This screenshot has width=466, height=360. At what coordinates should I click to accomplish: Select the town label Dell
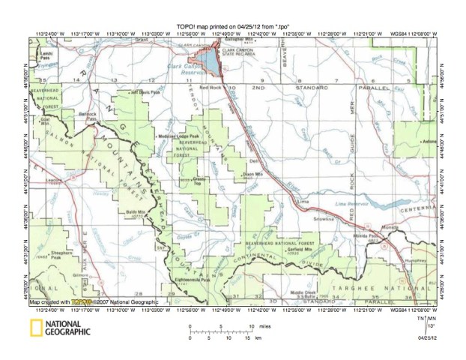pos(252,160)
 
